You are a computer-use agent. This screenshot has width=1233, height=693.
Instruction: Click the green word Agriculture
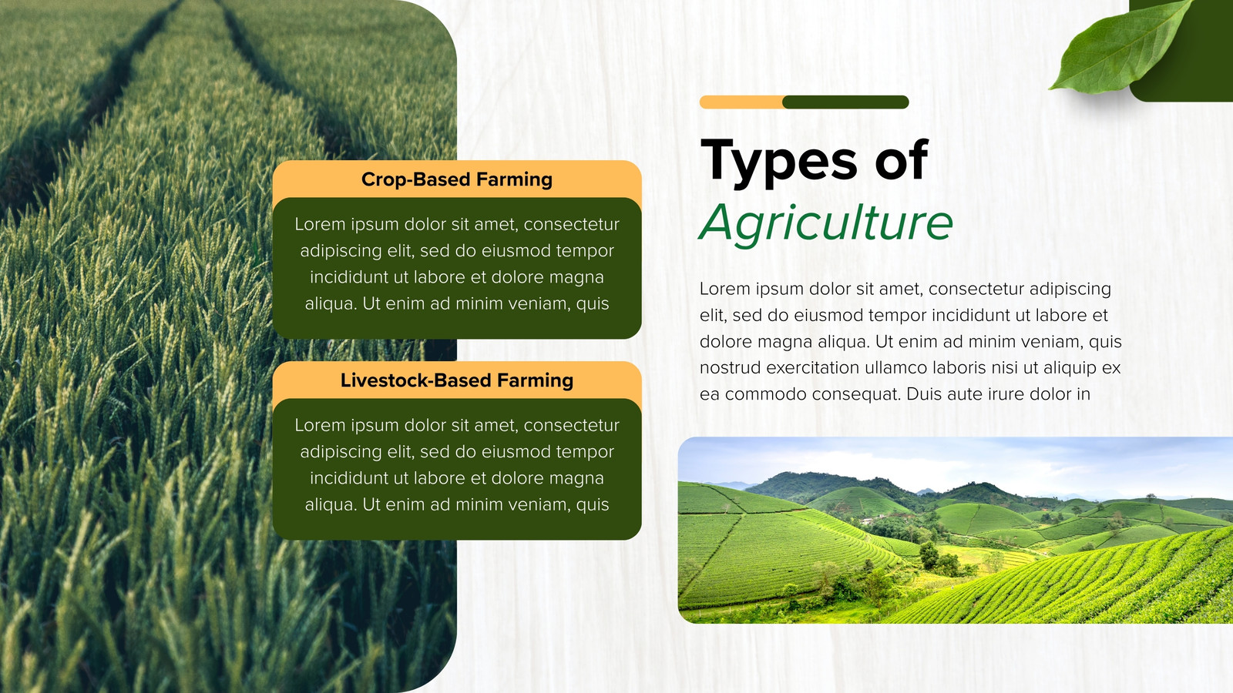click(x=825, y=223)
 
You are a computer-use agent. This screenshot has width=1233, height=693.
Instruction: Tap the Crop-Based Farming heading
click(x=457, y=179)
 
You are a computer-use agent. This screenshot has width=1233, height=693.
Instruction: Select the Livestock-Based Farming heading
click(x=457, y=380)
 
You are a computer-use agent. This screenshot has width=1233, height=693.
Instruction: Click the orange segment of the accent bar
click(x=741, y=102)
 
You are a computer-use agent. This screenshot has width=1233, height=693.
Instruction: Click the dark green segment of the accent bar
click(x=845, y=102)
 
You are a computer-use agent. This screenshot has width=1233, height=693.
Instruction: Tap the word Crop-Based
click(x=415, y=179)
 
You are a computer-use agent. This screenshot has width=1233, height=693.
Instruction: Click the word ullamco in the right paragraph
click(x=895, y=367)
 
